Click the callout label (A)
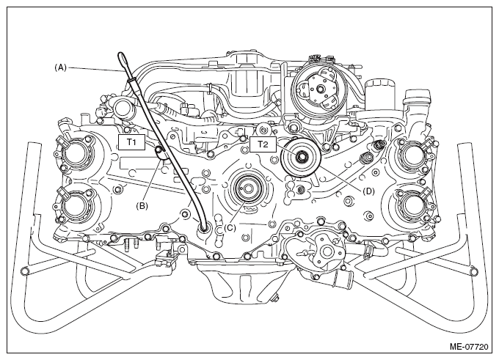(60, 67)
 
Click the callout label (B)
(142, 206)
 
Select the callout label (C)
(230, 228)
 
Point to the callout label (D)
(368, 191)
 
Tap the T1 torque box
(132, 142)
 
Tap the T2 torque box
(263, 144)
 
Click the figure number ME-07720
(469, 347)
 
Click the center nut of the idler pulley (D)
(301, 157)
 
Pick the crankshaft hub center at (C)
(247, 188)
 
